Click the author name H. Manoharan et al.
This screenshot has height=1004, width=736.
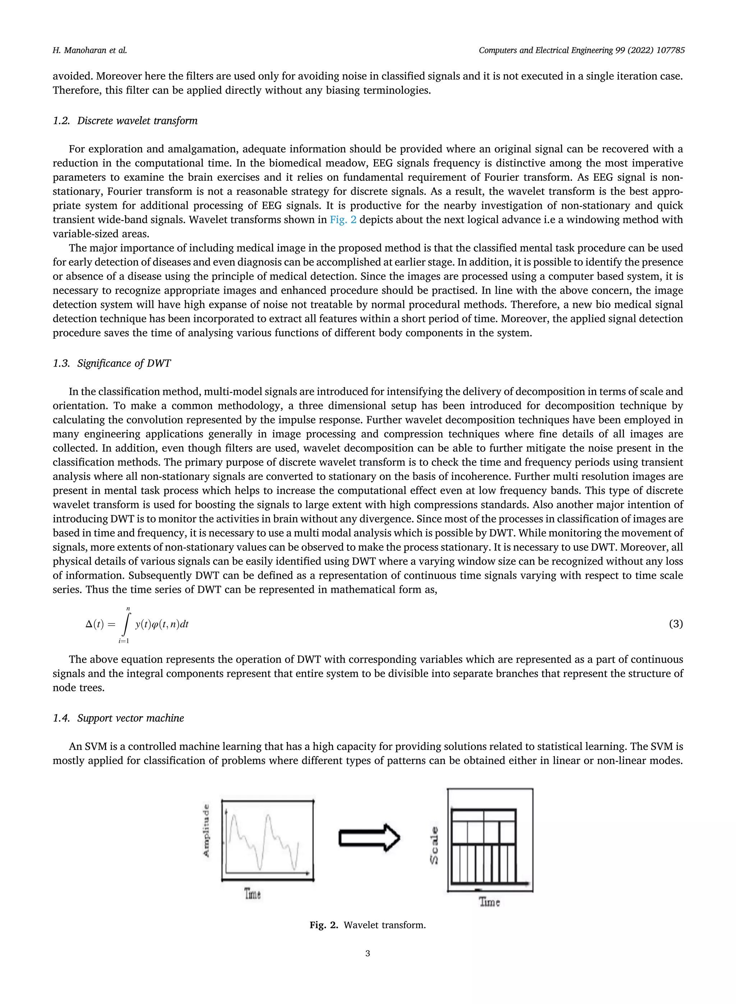89,50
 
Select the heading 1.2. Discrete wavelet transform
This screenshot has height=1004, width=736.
125,121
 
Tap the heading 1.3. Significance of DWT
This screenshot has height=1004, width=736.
111,363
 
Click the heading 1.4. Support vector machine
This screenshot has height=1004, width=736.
118,718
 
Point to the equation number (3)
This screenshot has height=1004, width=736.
675,624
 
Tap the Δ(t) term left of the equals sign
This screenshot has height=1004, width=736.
95,625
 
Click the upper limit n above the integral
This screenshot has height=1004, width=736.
128,608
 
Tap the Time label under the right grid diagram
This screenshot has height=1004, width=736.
489,902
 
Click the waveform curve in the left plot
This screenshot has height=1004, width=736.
267,820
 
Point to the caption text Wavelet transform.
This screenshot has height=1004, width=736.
385,925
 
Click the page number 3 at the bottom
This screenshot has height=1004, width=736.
368,954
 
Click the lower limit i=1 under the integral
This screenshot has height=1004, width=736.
124,641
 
